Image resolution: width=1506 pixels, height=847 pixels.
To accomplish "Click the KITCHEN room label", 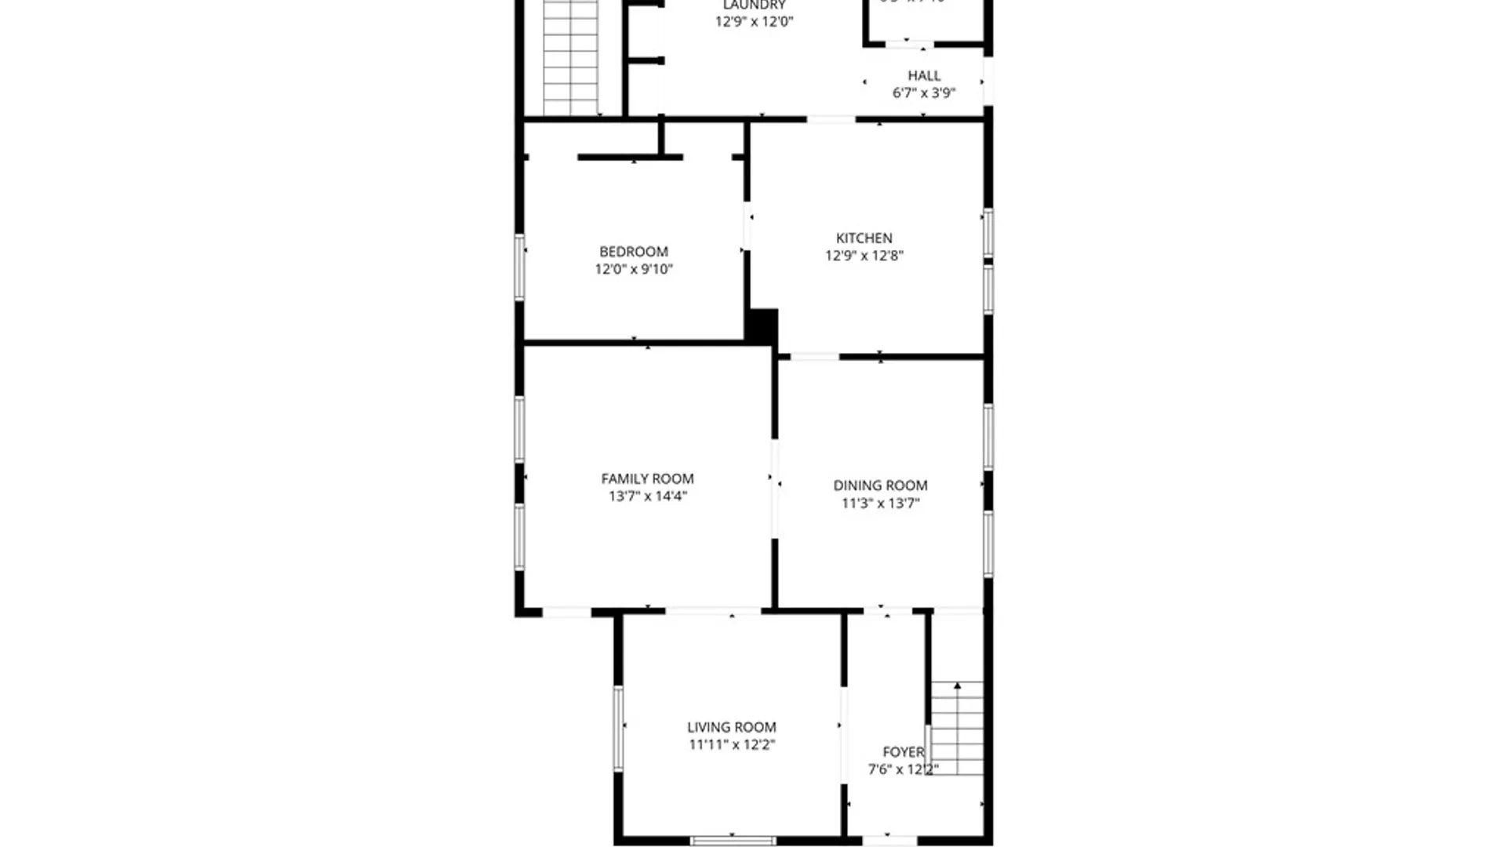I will [864, 238].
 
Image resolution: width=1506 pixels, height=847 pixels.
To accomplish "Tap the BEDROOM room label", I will [634, 252].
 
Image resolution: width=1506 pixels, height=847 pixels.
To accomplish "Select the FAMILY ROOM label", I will [647, 478].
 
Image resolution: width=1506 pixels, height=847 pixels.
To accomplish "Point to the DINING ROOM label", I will [880, 485].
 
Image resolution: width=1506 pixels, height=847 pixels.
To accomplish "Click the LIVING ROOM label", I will [732, 727].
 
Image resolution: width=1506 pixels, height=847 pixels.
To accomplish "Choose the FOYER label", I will [903, 751].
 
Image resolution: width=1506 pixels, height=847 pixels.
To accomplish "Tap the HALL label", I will [924, 75].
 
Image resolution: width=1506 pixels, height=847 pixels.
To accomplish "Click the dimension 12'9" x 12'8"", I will [864, 256].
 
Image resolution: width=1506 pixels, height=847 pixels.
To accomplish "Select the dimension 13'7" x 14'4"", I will [647, 496].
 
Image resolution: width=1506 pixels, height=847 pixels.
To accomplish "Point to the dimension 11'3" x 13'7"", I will [880, 503].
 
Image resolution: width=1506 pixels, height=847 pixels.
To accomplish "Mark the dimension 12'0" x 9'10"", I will [634, 269].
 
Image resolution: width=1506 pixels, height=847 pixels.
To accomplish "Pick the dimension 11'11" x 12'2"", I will [732, 744].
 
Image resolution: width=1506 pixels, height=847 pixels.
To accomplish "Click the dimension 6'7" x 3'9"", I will [924, 93].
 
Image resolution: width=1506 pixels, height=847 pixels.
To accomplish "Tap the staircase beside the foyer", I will [957, 728].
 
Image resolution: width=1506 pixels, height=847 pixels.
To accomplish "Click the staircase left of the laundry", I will [571, 59].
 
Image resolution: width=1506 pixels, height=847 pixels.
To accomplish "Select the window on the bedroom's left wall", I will [519, 267].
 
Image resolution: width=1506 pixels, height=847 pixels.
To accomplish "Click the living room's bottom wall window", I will [733, 841].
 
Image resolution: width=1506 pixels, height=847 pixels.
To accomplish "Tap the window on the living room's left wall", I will [618, 728].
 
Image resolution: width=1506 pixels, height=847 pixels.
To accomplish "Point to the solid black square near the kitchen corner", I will [762, 326].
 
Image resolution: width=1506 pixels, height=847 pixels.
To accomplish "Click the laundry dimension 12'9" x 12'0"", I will [754, 21].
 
